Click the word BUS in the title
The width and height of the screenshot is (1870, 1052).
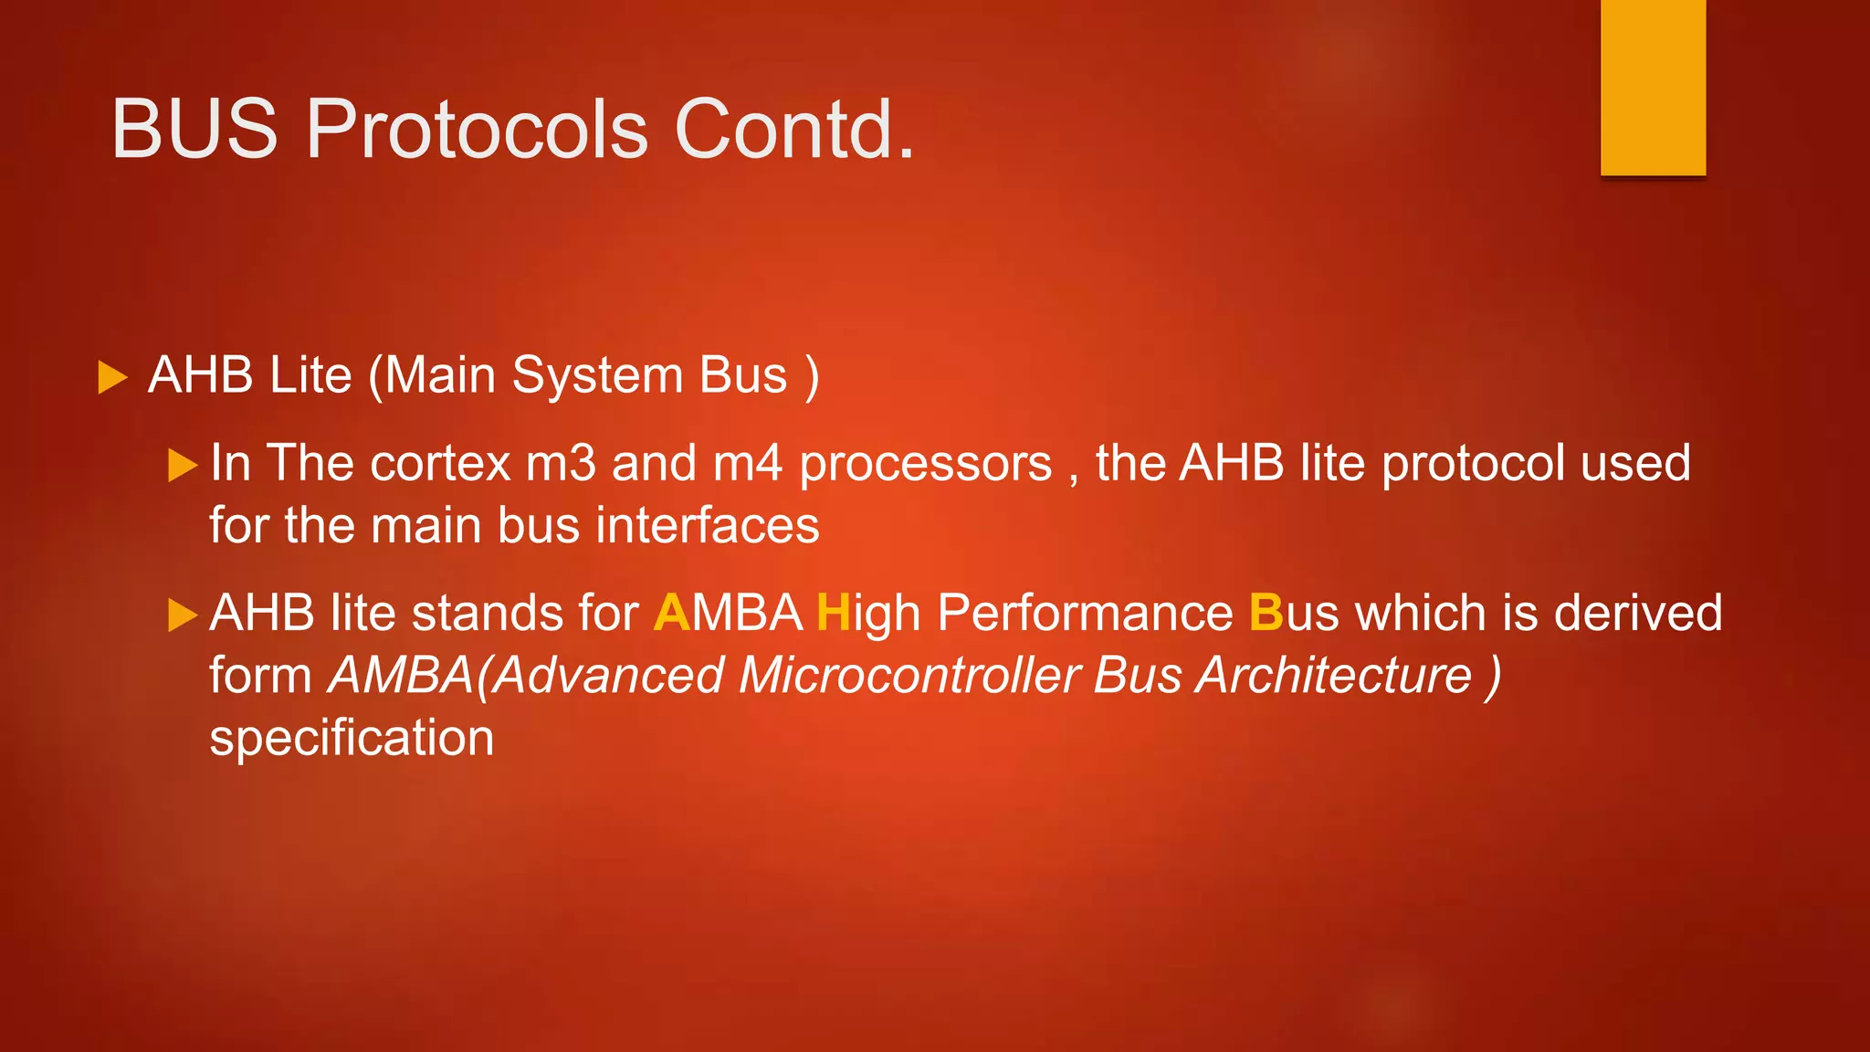tap(194, 129)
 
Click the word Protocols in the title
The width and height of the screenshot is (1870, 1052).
tap(477, 129)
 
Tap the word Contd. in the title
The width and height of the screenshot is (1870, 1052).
tap(793, 129)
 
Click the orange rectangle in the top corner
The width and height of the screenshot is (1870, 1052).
tap(1653, 87)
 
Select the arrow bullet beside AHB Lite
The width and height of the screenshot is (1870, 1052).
tap(111, 377)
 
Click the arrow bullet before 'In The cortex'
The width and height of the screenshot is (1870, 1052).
tap(183, 465)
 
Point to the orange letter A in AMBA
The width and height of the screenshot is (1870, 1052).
tap(672, 613)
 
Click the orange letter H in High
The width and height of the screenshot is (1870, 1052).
tap(833, 613)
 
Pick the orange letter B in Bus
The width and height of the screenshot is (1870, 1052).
tap(1266, 613)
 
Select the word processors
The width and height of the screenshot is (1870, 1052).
tap(925, 464)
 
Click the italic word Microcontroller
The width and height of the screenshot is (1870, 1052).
tap(909, 676)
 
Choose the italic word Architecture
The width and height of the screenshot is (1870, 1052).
tap(1334, 676)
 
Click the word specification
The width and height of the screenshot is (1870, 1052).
tap(352, 738)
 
